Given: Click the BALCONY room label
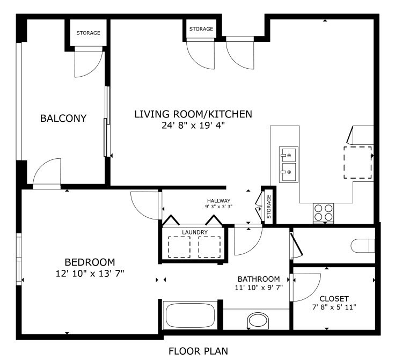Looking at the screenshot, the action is coord(63,118).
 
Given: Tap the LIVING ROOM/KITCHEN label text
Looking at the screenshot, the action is coord(193,114).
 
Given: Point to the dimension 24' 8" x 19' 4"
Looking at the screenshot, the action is coord(193,125).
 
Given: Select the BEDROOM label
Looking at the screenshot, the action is coord(90,262).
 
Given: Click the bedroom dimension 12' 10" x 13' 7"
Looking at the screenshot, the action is coord(90,274).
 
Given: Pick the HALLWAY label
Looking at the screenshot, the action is coord(218,201).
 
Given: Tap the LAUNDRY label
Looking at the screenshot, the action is coord(195,232).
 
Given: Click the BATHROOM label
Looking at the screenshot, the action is coord(259,279).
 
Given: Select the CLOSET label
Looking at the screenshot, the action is coord(334,299).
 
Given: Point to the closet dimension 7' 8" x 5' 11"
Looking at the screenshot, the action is coord(334,307).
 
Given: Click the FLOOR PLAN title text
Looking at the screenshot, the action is coord(198,351).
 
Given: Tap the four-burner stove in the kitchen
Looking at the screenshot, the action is coord(324,212).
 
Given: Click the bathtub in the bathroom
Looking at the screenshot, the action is coord(190,315).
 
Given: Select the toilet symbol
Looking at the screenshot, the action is coord(363,246).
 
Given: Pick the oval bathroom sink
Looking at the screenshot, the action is coord(258,321).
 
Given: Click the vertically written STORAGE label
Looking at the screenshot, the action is coord(268,207).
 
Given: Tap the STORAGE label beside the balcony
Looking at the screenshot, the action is coord(88,33).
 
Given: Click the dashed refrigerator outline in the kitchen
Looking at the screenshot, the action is coord(358,163).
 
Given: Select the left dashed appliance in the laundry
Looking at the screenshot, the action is coord(179,247).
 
